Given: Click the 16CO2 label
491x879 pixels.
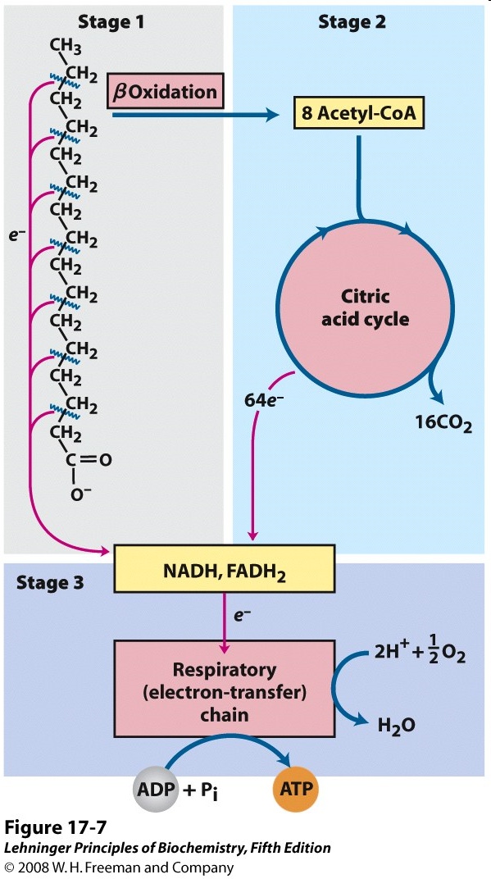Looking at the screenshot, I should [443, 424].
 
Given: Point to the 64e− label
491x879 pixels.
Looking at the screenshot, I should [264, 402].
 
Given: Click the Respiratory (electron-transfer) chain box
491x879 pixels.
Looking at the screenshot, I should [224, 688].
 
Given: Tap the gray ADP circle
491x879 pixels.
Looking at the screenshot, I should [156, 791].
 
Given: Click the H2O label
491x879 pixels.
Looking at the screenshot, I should [397, 726].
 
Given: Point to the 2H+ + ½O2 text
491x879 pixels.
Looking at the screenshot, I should [421, 654].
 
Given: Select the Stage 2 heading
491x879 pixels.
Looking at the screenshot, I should [352, 22].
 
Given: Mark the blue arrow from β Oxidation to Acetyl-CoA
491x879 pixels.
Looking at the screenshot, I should [197, 115].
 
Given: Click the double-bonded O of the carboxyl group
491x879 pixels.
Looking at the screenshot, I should [105, 460].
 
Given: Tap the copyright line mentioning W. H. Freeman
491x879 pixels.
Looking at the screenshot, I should [119, 868].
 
